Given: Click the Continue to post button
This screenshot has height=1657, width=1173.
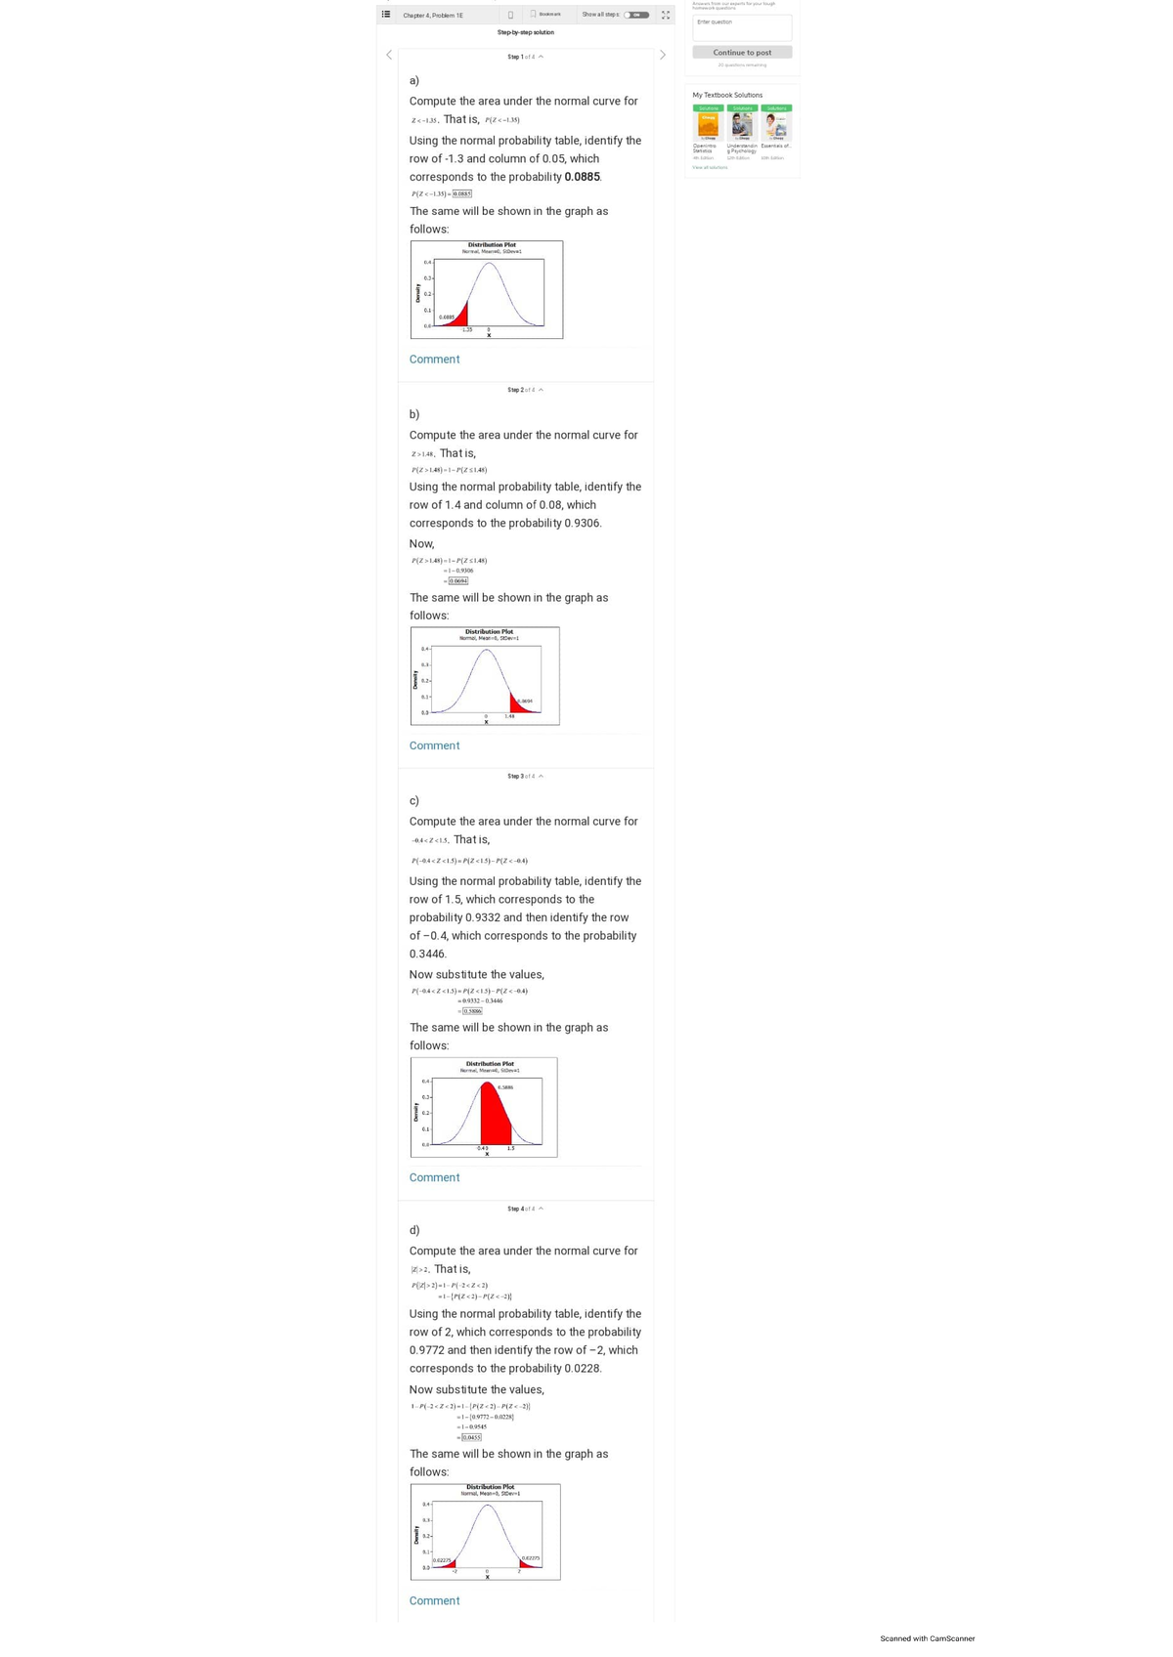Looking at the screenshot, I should click(742, 53).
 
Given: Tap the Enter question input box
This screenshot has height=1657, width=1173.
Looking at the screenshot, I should click(742, 27).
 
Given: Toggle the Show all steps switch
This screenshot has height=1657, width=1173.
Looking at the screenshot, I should click(636, 15).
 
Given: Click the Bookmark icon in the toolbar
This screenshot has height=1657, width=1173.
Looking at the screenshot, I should click(534, 15).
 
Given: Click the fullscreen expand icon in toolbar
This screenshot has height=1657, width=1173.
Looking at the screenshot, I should click(666, 15).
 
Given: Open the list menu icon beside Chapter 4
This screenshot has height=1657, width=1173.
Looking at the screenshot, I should click(386, 15).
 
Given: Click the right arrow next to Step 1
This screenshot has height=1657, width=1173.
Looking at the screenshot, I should click(663, 55).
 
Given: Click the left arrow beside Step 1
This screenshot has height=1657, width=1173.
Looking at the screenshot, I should click(388, 55).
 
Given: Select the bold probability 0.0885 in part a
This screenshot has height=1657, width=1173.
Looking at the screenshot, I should click(583, 177).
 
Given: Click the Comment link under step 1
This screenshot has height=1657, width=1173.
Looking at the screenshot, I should click(434, 360).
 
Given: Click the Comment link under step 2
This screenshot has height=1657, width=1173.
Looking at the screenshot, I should click(434, 745).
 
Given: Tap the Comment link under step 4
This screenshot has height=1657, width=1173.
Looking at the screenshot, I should click(434, 1600).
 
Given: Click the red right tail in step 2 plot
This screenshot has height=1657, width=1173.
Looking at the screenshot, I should click(518, 703).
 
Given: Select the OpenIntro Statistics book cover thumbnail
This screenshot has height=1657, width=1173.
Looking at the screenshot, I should click(708, 127).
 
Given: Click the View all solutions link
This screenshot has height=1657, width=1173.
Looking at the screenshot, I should click(710, 167).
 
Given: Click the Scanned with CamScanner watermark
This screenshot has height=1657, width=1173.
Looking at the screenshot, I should click(927, 1638).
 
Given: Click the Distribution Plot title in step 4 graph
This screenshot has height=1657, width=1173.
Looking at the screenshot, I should click(490, 1487).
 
